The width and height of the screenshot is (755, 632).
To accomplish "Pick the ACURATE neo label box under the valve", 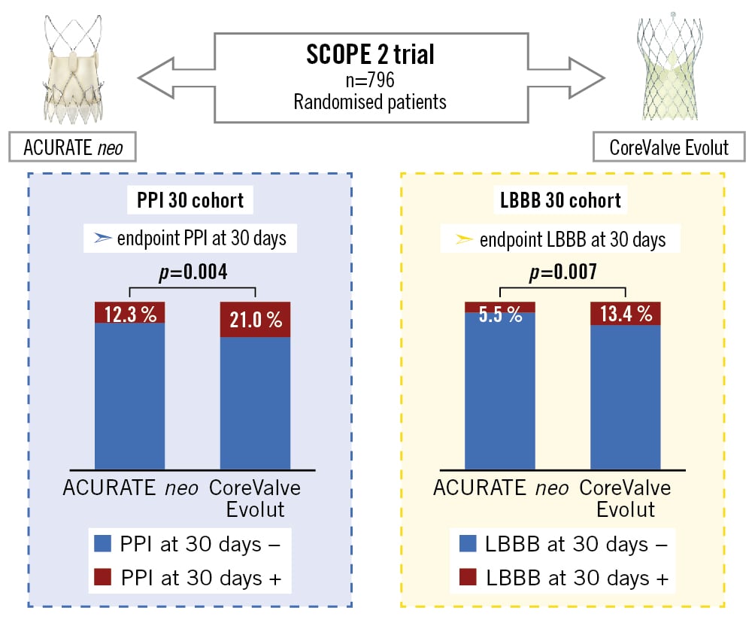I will [x=73, y=146].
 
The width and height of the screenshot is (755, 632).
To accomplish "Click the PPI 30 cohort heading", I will [x=190, y=201].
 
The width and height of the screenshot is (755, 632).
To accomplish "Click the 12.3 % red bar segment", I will [x=129, y=312].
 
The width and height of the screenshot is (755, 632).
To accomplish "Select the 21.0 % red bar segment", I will [x=255, y=319].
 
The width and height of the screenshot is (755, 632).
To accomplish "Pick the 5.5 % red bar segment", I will [x=499, y=307].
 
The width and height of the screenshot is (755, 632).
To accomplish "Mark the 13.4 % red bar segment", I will [x=625, y=314].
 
